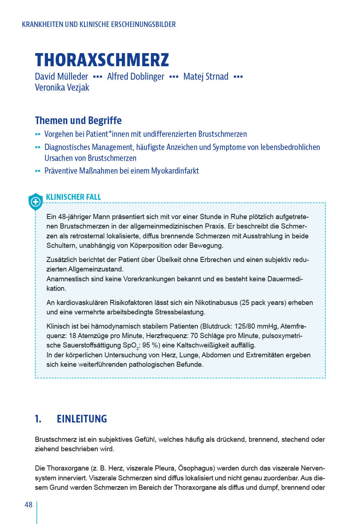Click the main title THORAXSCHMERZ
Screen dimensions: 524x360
tap(102, 60)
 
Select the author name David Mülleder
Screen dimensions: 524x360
tap(61, 76)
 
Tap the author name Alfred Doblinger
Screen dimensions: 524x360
tap(136, 76)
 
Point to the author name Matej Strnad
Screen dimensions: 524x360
tap(206, 76)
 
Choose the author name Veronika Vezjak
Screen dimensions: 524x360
tap(62, 87)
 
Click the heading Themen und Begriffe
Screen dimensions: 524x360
tap(78, 120)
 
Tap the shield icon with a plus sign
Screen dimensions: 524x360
tap(36, 202)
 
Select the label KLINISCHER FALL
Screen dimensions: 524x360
tap(73, 197)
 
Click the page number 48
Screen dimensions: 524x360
tap(28, 505)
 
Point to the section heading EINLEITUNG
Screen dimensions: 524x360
tap(82, 419)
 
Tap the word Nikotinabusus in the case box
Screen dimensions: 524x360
tap(216, 302)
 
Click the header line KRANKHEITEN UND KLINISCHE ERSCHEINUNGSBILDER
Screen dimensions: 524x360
tap(99, 24)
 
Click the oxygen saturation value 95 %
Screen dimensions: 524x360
tap(151, 345)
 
